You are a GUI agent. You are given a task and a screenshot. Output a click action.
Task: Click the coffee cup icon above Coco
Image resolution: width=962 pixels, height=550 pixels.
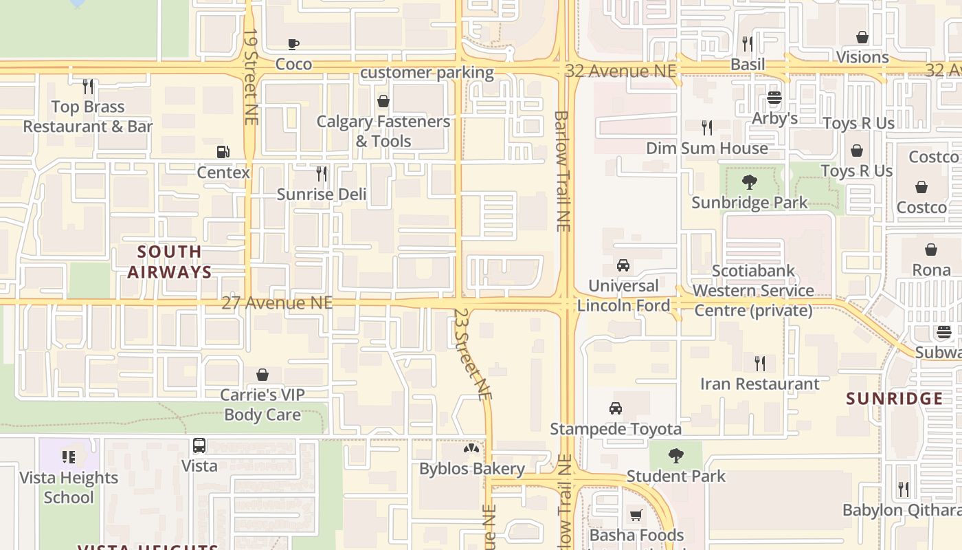point(293,45)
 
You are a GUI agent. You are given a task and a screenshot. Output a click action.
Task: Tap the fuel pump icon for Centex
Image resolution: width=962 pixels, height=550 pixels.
point(223,152)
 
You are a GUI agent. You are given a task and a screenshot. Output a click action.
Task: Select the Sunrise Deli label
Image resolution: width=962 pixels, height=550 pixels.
point(322,194)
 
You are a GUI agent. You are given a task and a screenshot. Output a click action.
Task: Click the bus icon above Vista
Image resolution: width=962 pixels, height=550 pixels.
point(199,445)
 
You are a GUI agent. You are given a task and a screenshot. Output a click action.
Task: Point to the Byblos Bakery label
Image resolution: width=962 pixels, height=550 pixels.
point(472,469)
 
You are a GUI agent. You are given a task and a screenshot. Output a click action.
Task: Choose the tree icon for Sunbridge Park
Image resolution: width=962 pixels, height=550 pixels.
point(750,182)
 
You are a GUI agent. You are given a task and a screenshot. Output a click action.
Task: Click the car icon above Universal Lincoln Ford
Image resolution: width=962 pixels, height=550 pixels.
point(623,265)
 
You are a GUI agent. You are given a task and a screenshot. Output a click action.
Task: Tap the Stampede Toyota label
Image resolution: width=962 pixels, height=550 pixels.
point(616,429)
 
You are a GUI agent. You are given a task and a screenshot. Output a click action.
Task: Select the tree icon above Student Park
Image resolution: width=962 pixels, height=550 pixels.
point(676,455)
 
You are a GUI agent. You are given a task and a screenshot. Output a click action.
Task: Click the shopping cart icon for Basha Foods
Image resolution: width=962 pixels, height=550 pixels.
point(636,515)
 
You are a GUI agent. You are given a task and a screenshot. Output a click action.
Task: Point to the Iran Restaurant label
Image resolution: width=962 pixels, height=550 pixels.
point(759,384)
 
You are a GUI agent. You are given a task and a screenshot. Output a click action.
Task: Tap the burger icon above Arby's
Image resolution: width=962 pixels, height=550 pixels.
point(774,98)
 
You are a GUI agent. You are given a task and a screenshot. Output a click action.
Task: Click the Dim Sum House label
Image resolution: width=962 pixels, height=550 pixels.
point(706,148)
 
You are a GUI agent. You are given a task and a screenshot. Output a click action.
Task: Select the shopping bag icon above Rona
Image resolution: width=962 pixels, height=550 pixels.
point(931,250)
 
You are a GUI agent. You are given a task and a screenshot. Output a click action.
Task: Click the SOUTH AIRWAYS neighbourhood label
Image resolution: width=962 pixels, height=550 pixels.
point(170,262)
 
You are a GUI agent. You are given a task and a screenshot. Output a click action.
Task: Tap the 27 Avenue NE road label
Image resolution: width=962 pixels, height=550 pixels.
point(277,302)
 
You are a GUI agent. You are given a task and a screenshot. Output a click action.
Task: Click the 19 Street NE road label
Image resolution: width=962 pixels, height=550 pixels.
point(251,76)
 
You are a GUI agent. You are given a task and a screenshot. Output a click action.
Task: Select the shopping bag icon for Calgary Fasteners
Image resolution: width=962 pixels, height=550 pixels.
point(383,102)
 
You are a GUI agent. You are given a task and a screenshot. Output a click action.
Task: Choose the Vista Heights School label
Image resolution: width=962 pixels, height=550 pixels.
point(69,487)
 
